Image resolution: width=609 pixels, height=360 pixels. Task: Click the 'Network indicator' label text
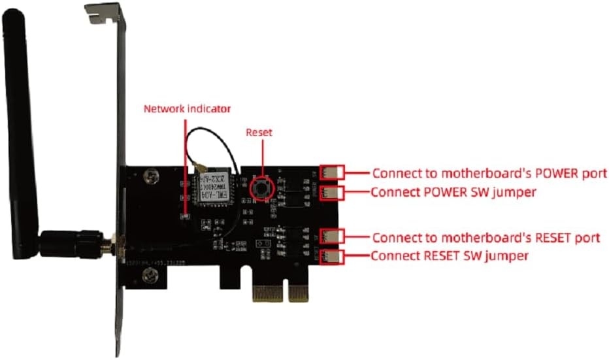click(x=187, y=109)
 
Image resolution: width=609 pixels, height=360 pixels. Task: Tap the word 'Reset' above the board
click(x=258, y=132)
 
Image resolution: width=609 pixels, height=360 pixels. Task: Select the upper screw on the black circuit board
click(x=152, y=175)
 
